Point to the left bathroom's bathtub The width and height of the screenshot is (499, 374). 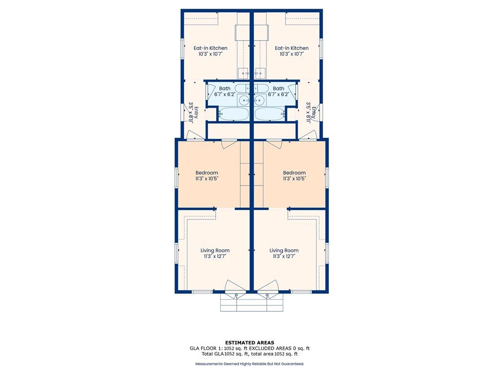pyautogui.click(x=234, y=114)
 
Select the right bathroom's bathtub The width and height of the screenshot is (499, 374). pyautogui.click(x=269, y=114)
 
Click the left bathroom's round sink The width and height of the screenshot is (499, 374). pyautogui.click(x=244, y=100)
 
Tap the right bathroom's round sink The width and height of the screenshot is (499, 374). pyautogui.click(x=259, y=100)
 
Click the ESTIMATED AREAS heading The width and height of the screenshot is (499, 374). pyautogui.click(x=249, y=343)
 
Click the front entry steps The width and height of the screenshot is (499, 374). pyautogui.click(x=252, y=302)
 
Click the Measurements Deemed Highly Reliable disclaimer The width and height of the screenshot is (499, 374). pyautogui.click(x=249, y=364)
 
